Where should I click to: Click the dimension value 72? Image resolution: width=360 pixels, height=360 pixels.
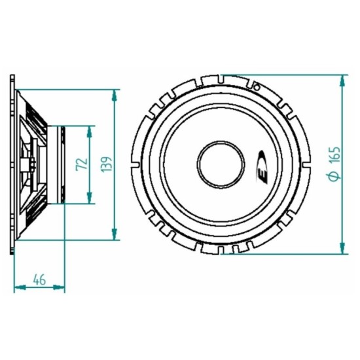pos(82,164)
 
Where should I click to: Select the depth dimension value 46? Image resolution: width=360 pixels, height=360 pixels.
pos(39,279)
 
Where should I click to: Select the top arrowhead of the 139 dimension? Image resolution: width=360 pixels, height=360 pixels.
pos(115,94)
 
